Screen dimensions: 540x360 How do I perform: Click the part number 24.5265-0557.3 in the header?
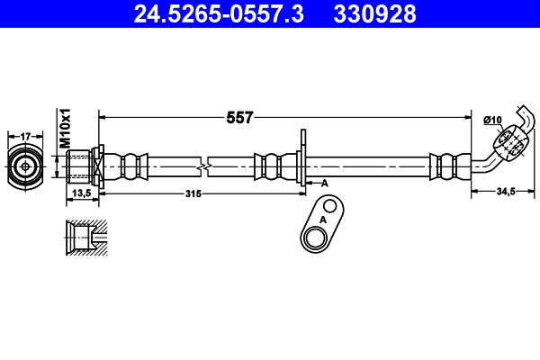(x=219, y=13)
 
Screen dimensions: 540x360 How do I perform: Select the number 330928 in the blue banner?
(x=374, y=13)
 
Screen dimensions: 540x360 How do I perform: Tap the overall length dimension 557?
(x=239, y=118)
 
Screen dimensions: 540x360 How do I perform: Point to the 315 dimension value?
(x=193, y=193)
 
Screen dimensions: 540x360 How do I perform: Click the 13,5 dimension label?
(x=82, y=193)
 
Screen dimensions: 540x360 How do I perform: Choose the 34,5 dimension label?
(x=506, y=191)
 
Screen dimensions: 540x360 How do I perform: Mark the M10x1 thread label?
(x=65, y=128)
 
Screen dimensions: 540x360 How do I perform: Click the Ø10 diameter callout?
(x=493, y=120)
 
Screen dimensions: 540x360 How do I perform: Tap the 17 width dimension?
(x=25, y=137)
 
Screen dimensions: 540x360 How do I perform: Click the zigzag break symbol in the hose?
(x=204, y=166)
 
